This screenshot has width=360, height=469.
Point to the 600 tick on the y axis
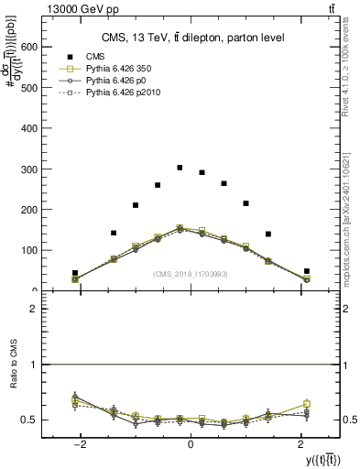coord(44,48)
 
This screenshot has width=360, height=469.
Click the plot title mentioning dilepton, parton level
coord(190,38)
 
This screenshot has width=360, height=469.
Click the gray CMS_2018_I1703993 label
coord(190,273)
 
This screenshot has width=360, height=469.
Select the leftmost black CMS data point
coord(75,273)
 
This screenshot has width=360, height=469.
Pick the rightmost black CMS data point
coord(307,271)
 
